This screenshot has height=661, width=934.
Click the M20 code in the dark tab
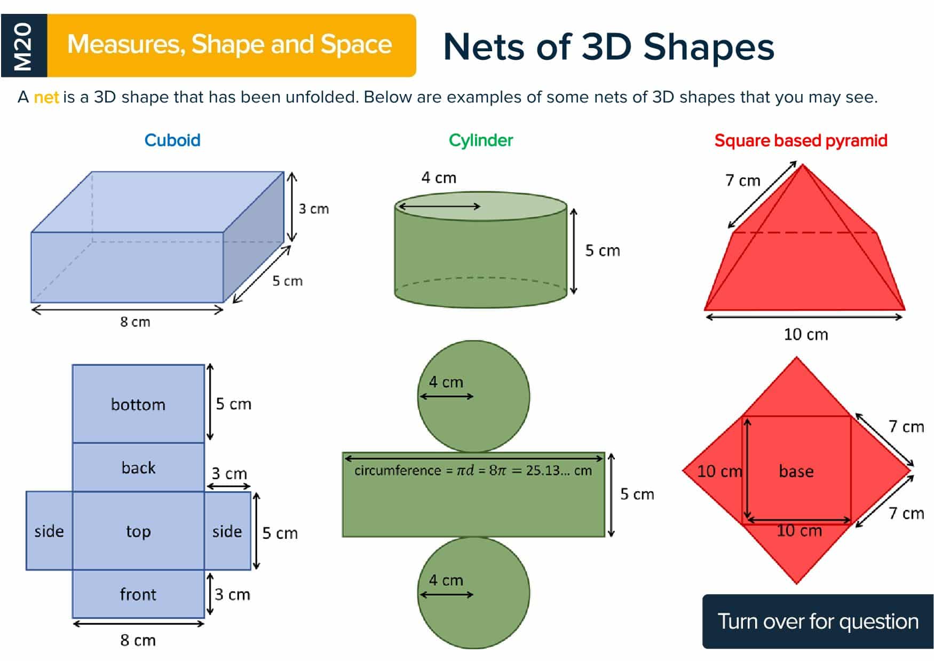[x=23, y=46]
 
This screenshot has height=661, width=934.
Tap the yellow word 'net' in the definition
[x=46, y=97]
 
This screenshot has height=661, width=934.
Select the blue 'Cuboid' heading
[x=172, y=140]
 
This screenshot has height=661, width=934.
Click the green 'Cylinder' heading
[x=480, y=140]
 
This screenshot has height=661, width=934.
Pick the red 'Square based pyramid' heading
[x=801, y=141]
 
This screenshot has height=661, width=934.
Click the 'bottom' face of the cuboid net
[x=138, y=404]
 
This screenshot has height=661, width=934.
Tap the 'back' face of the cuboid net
[x=138, y=467]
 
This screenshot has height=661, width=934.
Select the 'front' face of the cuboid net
[x=138, y=594]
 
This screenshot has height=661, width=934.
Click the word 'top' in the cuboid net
[x=138, y=532]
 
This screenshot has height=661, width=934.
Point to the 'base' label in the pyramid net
[x=796, y=471]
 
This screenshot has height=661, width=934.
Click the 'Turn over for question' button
[x=818, y=621]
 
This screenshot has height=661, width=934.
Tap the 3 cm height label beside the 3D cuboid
[x=313, y=209]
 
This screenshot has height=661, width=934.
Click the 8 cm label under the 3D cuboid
[x=135, y=322]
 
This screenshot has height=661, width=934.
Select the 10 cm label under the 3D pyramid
[x=805, y=335]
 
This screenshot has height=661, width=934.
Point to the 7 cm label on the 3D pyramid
[x=742, y=180]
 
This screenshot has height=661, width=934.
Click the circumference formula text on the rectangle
[x=473, y=470]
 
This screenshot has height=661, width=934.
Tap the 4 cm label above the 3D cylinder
[x=439, y=178]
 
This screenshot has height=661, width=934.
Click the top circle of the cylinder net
[x=473, y=396]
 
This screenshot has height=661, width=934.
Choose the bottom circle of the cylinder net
[x=473, y=593]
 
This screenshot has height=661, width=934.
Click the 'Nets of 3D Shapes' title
[x=608, y=47]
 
